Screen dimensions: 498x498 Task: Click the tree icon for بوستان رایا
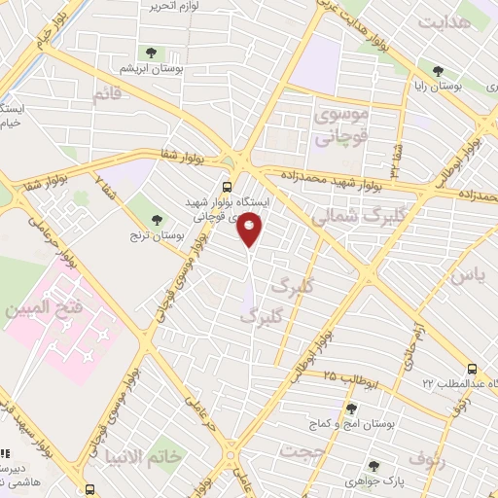439,70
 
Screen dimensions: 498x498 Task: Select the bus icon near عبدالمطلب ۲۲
472,370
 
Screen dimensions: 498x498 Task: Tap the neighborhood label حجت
301,451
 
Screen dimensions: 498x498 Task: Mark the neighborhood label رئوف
428,456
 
